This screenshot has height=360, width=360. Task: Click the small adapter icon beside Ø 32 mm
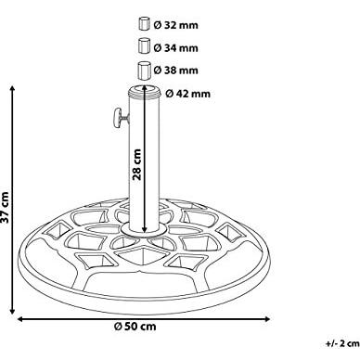tap(144, 22)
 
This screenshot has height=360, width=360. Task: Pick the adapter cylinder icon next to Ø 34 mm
tap(144, 45)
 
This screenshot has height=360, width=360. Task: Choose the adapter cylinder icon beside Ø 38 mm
tap(144, 69)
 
